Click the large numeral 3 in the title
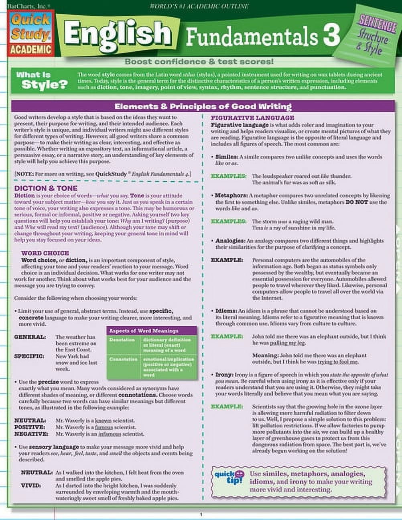pos(331,36)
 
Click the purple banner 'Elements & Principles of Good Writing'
pos(203,106)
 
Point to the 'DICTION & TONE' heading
pos(46,188)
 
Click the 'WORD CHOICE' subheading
pos(45,253)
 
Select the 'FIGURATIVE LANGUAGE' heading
pos(252,118)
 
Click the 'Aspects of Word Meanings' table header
pos(144,331)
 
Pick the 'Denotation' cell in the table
pos(122,340)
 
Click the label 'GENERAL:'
pos(30,337)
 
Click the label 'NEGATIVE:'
pos(31,434)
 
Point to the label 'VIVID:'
pos(31,485)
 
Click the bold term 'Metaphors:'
pos(231,195)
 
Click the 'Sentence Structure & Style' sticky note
pos(373,37)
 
